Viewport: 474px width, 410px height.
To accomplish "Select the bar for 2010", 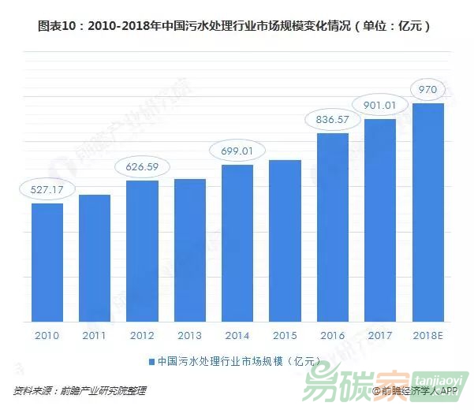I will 47,263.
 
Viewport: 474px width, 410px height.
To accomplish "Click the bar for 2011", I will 95,258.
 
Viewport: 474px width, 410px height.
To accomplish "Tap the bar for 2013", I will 190,250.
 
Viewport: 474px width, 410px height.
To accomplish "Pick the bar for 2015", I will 285,240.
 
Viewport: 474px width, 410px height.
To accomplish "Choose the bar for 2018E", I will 428,213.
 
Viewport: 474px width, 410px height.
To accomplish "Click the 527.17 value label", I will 47,189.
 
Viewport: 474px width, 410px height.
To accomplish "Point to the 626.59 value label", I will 142,166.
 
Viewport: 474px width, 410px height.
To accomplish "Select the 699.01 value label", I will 237,151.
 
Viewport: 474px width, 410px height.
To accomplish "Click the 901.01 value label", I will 381,104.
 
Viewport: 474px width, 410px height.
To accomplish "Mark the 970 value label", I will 428,90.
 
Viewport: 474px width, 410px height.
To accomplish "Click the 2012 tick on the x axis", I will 142,335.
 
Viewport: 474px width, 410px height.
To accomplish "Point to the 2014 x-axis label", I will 237,335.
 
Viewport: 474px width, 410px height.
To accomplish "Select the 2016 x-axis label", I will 332,335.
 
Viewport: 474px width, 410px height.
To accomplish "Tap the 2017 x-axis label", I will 381,335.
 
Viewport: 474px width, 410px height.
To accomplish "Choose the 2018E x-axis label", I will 428,335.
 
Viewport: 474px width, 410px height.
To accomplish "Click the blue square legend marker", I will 151,362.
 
